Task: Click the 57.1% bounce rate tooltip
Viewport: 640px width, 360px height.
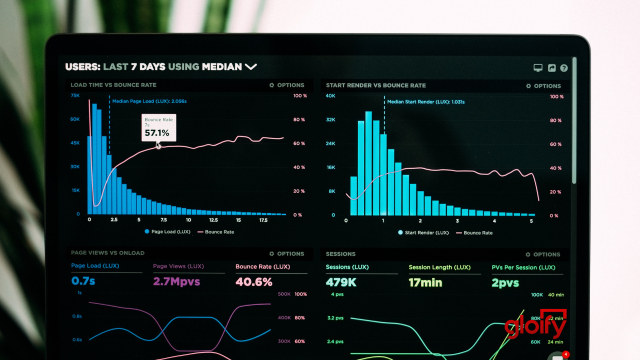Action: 158,128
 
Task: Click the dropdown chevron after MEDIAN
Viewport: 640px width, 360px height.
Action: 250,66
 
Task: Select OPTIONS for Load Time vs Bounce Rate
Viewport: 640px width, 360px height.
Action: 286,85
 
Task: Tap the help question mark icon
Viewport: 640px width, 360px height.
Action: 564,68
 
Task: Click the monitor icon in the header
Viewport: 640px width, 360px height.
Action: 538,68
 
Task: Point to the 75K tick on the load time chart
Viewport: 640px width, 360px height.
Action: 75,95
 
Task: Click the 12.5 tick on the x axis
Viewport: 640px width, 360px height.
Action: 213,220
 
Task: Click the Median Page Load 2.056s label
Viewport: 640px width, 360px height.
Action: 149,101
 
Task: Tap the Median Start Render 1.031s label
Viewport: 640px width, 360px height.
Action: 425,102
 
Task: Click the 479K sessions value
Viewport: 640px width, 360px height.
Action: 341,282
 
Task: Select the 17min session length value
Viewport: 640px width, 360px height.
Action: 425,282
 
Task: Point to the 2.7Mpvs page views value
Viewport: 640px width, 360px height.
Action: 176,281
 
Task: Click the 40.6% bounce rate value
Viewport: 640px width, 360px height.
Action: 253,281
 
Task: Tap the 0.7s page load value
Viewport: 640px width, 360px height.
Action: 83,281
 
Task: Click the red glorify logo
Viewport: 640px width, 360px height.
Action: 535,326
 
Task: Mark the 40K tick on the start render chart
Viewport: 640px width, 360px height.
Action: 330,95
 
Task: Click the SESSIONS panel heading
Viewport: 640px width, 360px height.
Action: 340,254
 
